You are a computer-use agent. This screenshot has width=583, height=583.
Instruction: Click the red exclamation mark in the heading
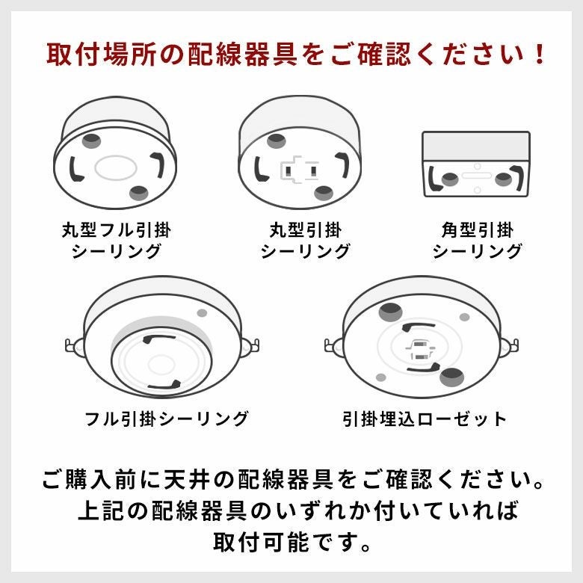point(537,55)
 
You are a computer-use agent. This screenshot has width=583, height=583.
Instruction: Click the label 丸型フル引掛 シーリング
point(117,240)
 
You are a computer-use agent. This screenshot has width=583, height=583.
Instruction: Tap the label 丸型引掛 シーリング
point(305,240)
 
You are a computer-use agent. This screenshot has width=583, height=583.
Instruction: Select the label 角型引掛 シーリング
point(477,240)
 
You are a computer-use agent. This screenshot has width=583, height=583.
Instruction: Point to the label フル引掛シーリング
point(166,419)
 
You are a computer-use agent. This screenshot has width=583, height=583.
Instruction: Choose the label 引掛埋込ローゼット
point(425,419)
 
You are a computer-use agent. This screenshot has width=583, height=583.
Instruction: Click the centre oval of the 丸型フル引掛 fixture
point(116,167)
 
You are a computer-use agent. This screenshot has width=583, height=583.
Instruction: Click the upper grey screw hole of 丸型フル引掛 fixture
point(91,141)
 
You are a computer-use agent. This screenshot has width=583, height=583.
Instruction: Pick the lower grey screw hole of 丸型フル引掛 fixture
point(139,193)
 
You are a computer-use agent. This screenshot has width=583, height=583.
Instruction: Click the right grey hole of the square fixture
point(503,179)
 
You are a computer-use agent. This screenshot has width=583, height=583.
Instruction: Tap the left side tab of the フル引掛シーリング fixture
point(74,346)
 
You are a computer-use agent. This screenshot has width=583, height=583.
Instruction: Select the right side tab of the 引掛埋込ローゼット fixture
point(510,347)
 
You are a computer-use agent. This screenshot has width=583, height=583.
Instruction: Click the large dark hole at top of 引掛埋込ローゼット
point(390,311)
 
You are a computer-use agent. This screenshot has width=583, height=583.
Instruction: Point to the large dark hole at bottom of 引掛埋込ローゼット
point(451,377)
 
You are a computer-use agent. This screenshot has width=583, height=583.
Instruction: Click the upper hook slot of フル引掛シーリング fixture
point(158,339)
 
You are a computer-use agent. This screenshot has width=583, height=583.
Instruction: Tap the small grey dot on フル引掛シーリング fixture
point(202,312)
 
